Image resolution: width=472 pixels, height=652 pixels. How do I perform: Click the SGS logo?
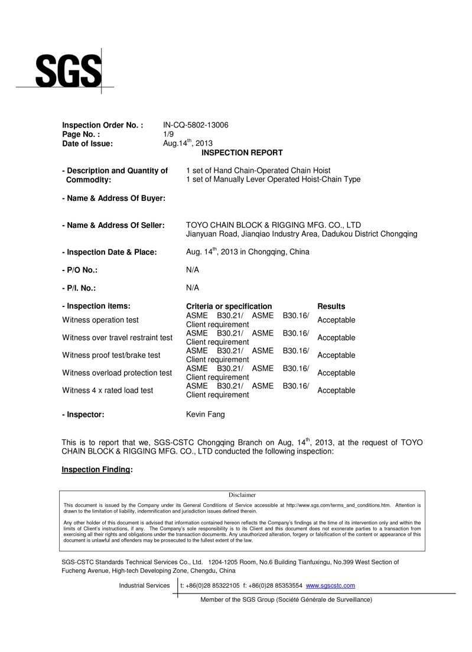(68, 71)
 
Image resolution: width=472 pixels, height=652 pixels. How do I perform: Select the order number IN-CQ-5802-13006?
(196, 125)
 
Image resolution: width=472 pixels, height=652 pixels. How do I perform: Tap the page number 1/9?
(168, 134)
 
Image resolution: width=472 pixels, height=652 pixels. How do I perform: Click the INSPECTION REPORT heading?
(242, 152)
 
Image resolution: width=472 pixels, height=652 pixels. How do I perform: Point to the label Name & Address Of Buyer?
(113, 198)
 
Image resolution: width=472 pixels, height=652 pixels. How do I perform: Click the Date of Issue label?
(87, 143)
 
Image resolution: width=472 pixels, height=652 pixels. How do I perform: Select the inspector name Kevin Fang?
(205, 415)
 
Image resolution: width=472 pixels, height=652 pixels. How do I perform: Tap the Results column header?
(331, 307)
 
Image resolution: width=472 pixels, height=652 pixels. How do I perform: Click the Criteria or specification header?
(229, 307)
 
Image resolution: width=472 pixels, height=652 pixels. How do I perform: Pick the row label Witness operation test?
(100, 320)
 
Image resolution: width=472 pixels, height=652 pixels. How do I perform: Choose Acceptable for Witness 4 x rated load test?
(336, 390)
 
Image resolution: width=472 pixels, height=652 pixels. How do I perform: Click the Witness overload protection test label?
(117, 373)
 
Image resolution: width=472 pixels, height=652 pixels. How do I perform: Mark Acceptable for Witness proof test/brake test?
(336, 356)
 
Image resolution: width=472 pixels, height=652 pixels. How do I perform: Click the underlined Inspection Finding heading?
(96, 470)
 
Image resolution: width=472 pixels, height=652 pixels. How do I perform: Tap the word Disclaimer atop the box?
(242, 495)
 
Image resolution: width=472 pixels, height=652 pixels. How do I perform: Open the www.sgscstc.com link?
(330, 585)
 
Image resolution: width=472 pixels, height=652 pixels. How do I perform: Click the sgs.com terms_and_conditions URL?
(338, 506)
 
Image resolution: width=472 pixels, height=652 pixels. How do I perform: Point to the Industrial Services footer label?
(144, 585)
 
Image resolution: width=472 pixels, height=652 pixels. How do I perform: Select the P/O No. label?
(80, 270)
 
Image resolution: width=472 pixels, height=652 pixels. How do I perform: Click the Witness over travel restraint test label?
(117, 338)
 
